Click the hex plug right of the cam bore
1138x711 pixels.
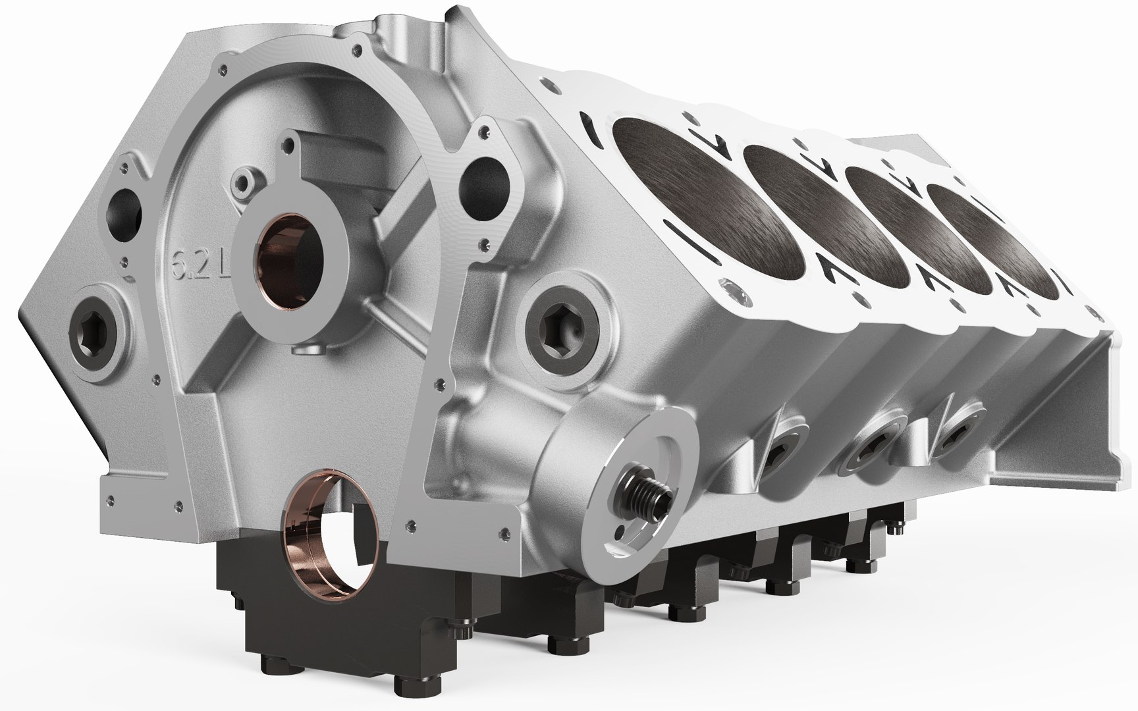[562, 327]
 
